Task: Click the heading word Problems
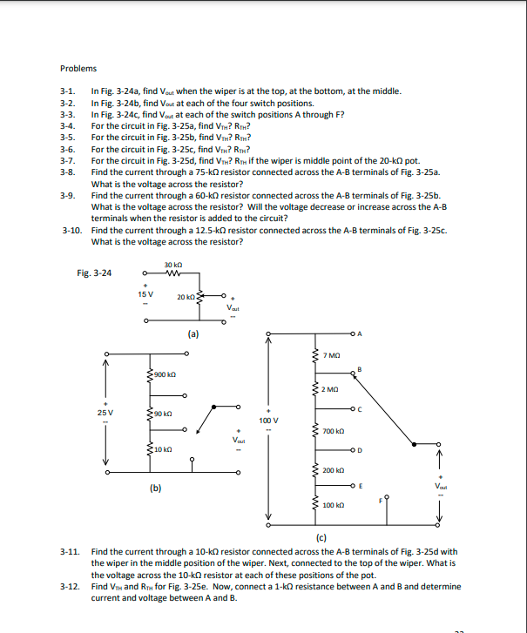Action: click(x=78, y=69)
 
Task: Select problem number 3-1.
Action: click(x=68, y=91)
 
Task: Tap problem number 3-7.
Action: click(x=68, y=160)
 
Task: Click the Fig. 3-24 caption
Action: click(x=94, y=273)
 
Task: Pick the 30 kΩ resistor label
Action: click(x=172, y=264)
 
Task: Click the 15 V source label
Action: click(x=146, y=293)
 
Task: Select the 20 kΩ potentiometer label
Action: click(x=186, y=298)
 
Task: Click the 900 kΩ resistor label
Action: click(x=166, y=374)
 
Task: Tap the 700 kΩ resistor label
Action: click(x=332, y=432)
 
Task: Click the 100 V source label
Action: click(x=269, y=420)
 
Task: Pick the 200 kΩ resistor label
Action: click(x=332, y=470)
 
